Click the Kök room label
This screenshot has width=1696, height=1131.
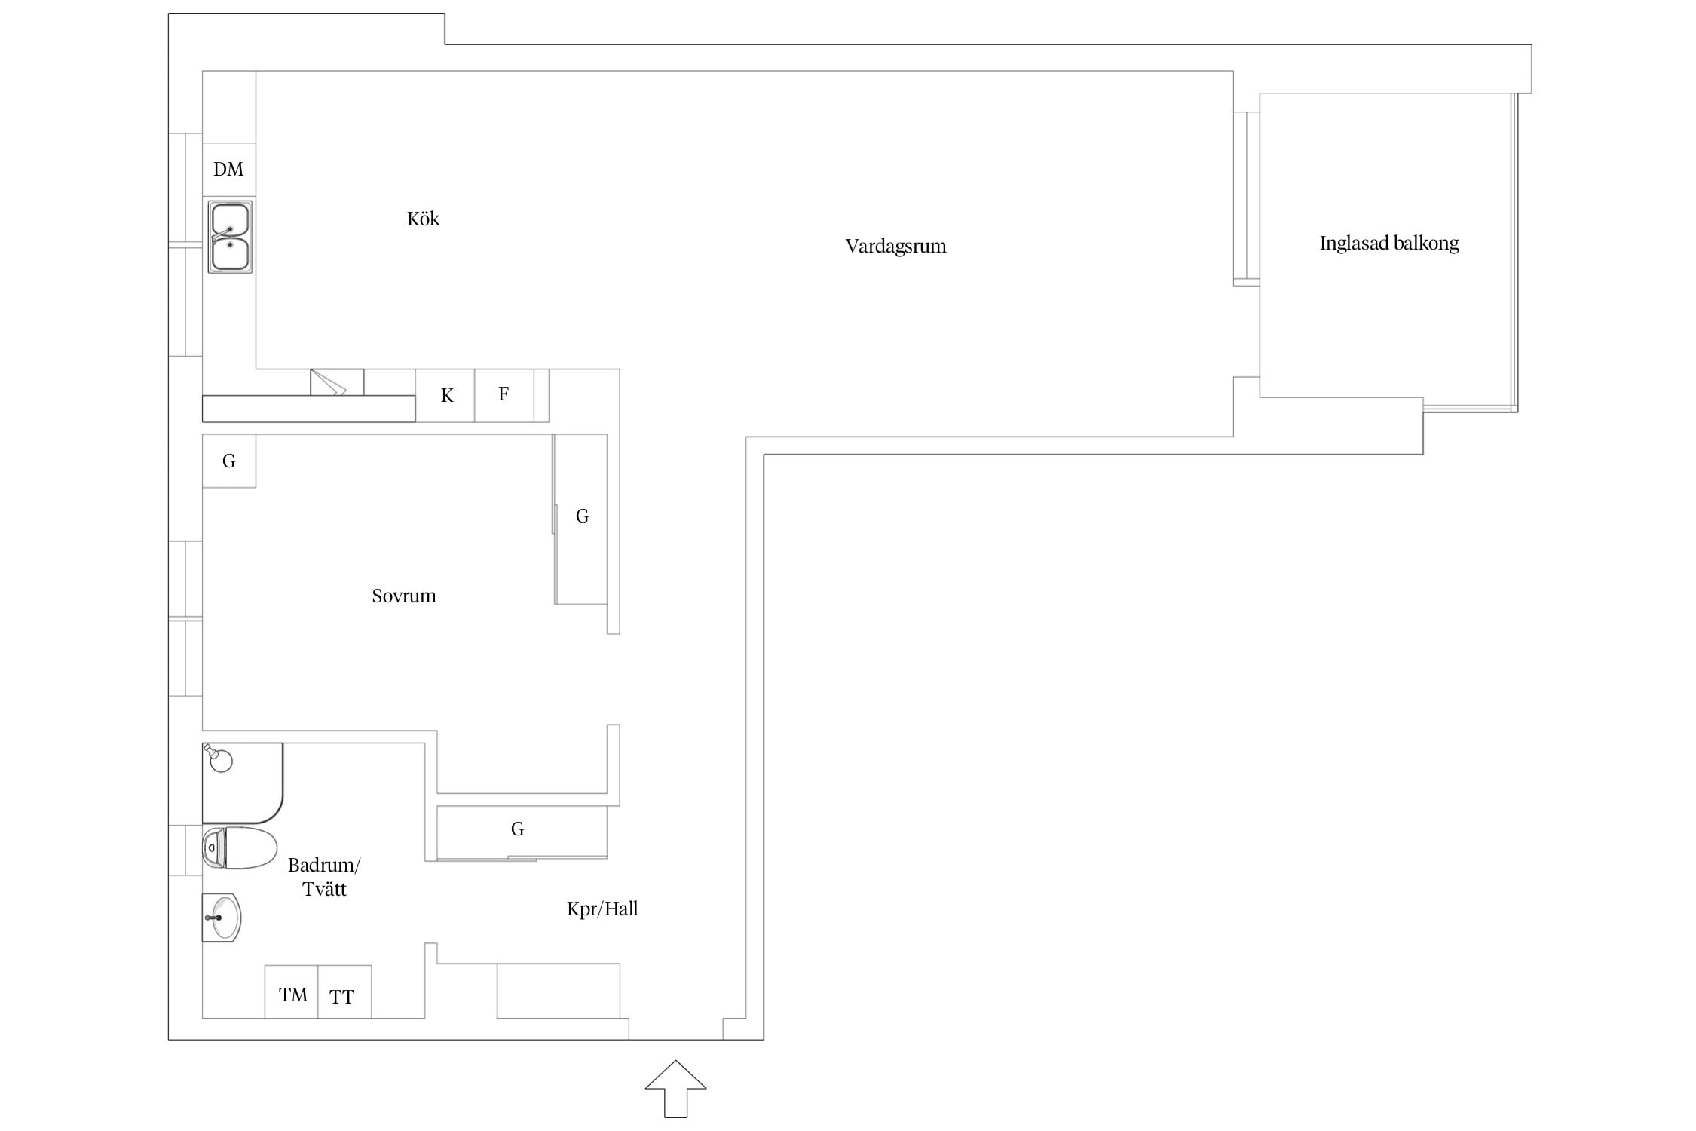[423, 219]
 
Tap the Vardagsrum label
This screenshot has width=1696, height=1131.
[895, 246]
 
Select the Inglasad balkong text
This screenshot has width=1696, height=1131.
[1388, 243]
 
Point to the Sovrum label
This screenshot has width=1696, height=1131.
[403, 596]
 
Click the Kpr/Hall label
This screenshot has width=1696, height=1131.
[602, 909]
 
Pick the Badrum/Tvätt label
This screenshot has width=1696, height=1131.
[324, 876]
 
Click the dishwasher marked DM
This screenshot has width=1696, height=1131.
[229, 170]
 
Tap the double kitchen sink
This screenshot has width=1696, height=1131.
[230, 237]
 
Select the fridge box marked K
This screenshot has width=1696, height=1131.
[445, 396]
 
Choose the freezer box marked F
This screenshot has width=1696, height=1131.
[504, 396]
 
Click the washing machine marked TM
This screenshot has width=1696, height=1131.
[291, 992]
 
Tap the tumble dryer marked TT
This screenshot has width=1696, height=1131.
[344, 992]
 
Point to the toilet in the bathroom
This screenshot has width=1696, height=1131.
[240, 847]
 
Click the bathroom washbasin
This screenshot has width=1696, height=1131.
[222, 918]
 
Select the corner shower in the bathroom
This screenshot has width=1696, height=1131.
[242, 783]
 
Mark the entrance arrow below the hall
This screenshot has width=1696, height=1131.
[675, 1089]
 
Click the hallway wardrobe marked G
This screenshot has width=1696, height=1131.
[522, 832]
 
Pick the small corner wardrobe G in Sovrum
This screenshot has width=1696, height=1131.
[229, 461]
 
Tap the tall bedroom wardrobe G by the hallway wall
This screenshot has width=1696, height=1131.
[581, 519]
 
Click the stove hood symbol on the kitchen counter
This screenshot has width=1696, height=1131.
[337, 382]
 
